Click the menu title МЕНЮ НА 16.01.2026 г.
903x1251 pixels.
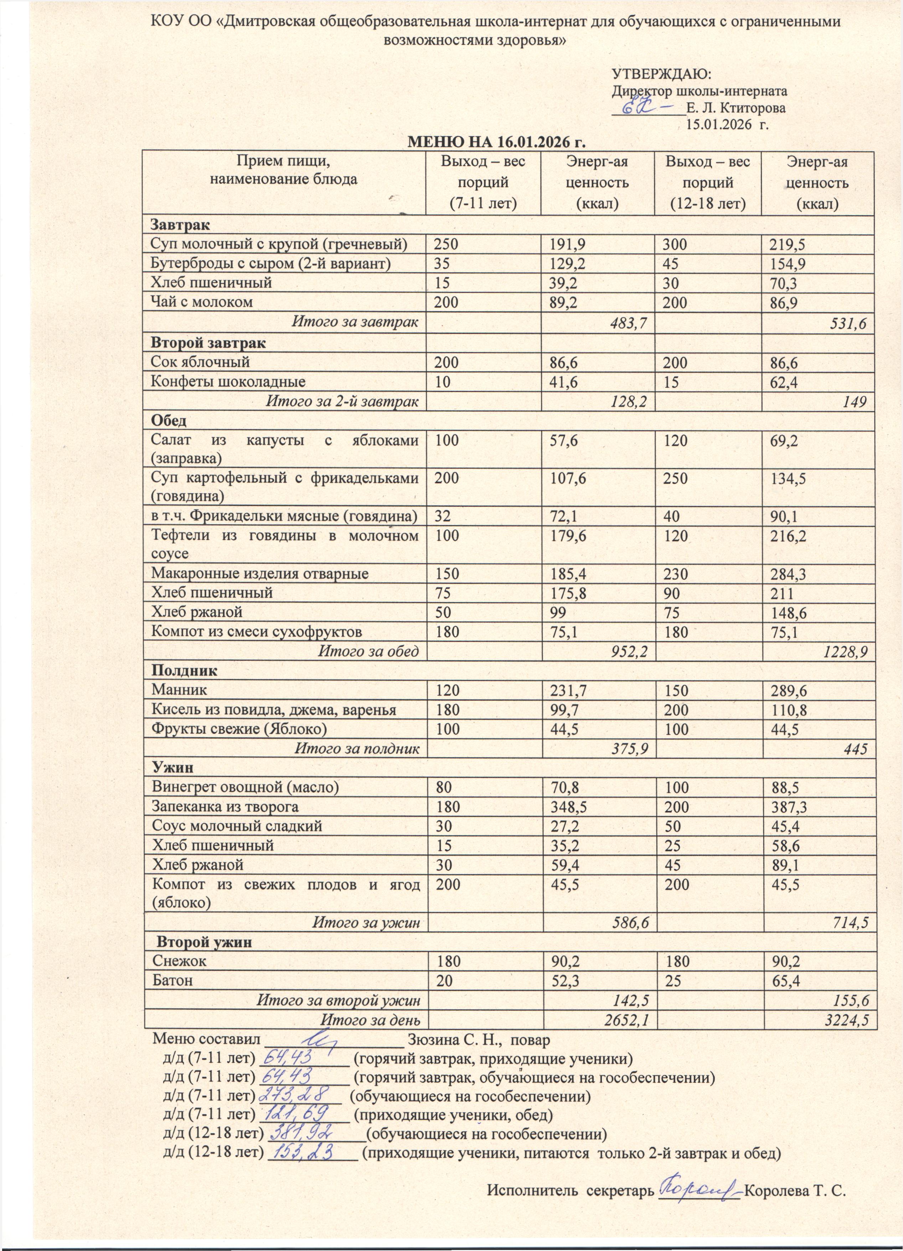point(495,142)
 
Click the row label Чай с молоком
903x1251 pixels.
point(202,302)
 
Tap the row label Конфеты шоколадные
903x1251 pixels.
point(228,382)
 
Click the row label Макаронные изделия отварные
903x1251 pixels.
point(260,574)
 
